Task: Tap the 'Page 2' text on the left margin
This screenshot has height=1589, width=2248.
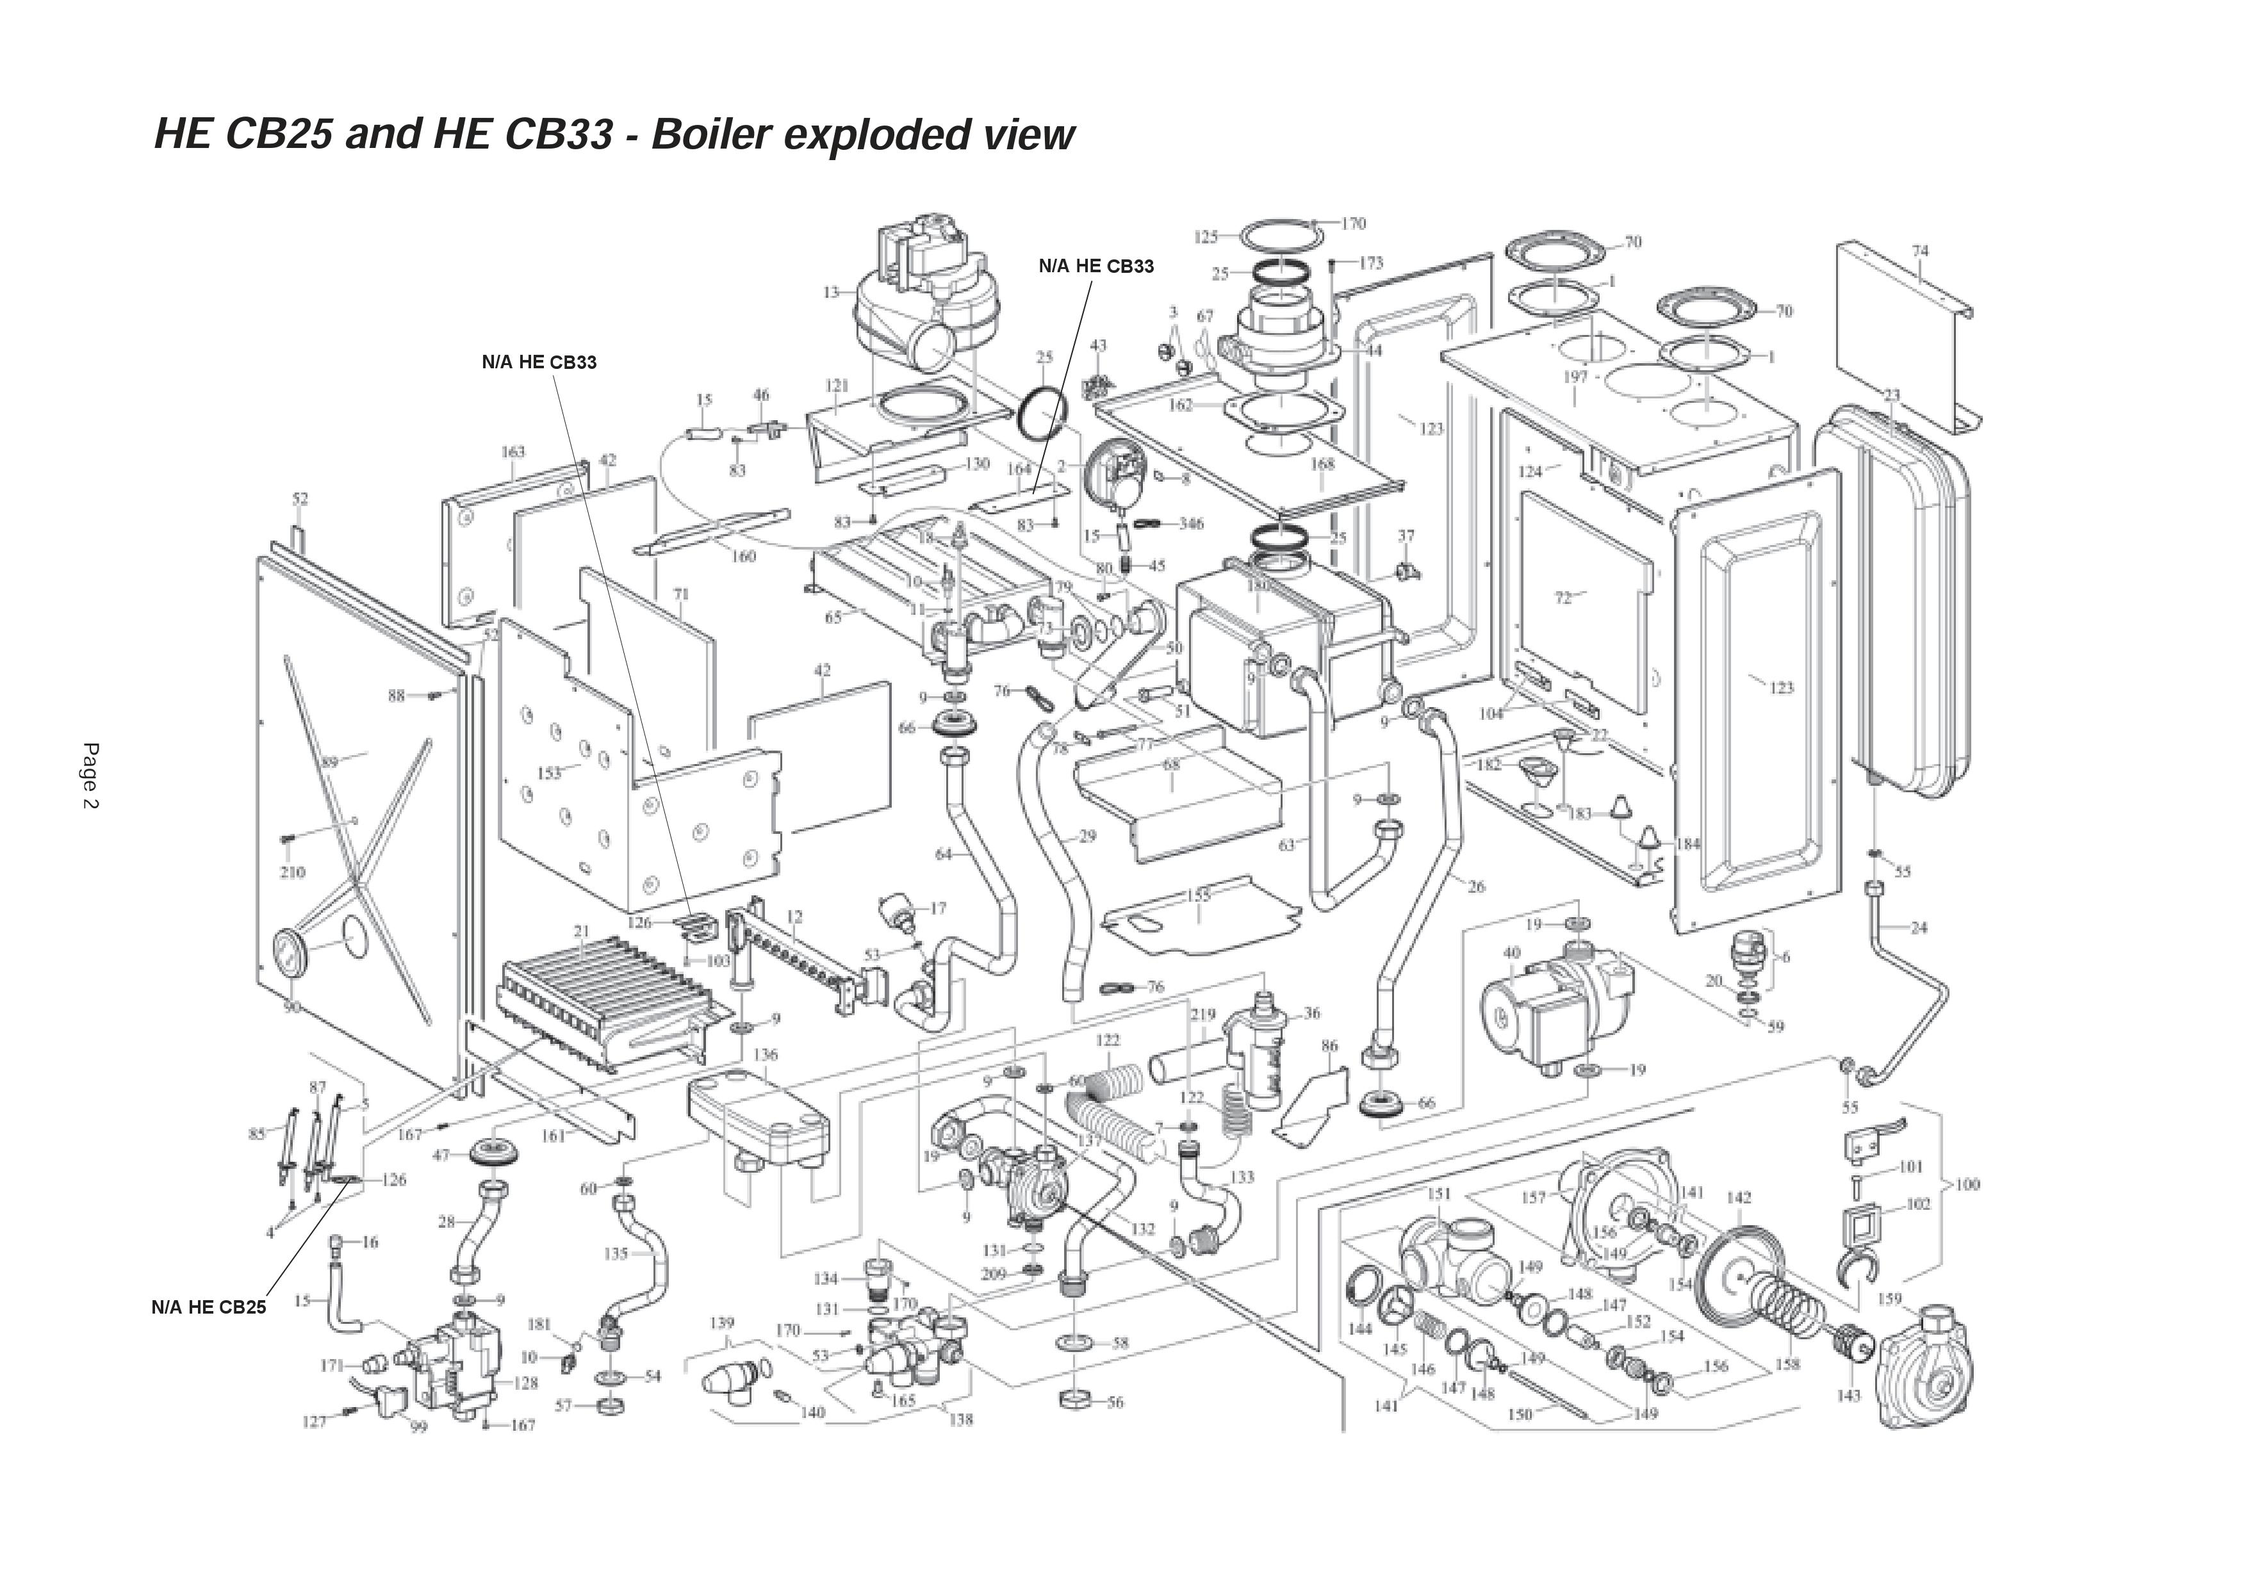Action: coord(91,776)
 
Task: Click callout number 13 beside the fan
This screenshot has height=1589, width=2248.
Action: coord(832,292)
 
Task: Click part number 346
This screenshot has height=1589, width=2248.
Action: coord(1190,524)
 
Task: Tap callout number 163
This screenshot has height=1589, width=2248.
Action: coord(513,452)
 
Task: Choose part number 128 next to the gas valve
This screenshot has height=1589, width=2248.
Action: coord(526,1383)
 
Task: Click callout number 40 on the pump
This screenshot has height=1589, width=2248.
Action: coord(1512,952)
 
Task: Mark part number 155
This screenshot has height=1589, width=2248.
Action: coord(1199,895)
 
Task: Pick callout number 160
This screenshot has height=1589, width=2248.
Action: coord(744,556)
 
